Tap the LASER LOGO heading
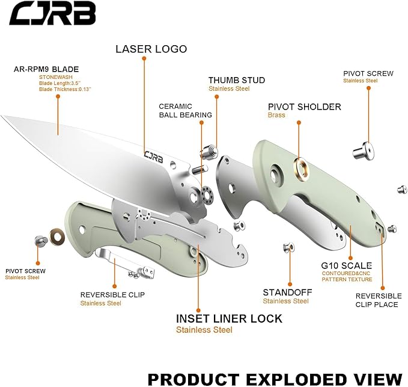click(151, 49)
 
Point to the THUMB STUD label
click(236, 80)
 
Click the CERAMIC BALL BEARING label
click(185, 111)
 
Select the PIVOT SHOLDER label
click(304, 107)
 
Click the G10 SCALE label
click(347, 265)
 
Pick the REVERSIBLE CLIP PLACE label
click(378, 300)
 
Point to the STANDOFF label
click(287, 293)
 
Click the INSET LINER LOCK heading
click(229, 318)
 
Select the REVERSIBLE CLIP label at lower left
click(112, 295)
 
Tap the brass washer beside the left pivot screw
click(58, 236)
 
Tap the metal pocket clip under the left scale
click(117, 259)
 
